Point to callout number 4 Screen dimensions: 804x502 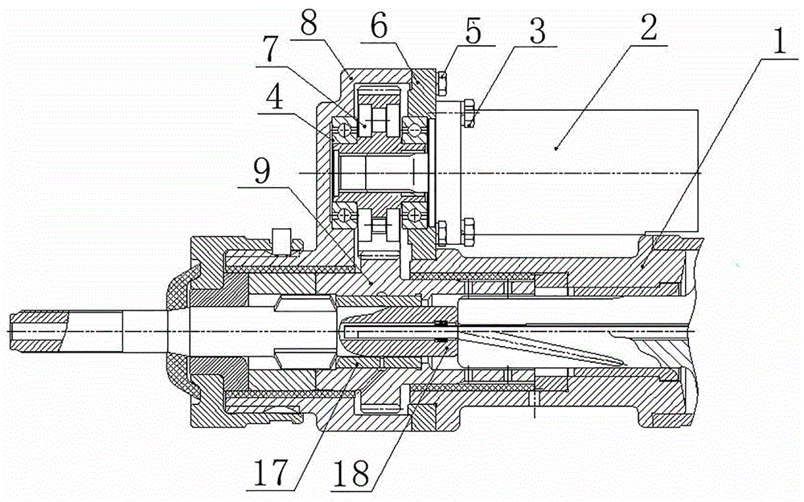tap(274, 97)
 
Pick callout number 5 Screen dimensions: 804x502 tap(472, 31)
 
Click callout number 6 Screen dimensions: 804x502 tap(379, 27)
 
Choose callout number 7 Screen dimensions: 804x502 tap(270, 50)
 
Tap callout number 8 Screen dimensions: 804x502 tap(310, 22)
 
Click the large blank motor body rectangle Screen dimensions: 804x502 tap(580, 172)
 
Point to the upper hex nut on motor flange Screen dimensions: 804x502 tap(470, 114)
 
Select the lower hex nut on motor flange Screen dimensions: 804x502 tap(470, 231)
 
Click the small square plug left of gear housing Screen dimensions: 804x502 tap(281, 241)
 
